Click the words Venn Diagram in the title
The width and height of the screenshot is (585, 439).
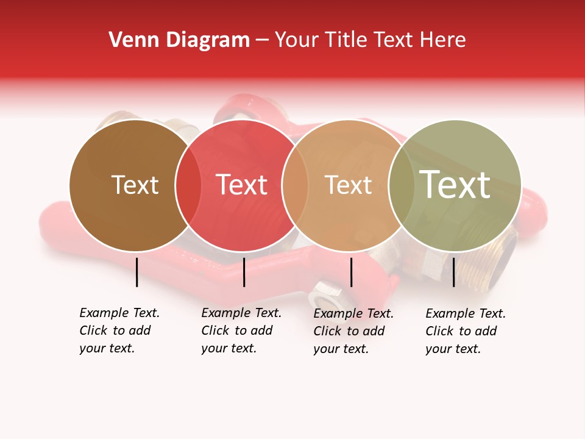[x=179, y=40]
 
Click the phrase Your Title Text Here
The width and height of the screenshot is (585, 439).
[x=370, y=40]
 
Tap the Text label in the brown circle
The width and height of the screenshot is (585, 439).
[x=135, y=185]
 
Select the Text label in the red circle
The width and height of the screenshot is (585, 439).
[x=242, y=185]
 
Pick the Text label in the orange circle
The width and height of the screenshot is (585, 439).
[x=348, y=185]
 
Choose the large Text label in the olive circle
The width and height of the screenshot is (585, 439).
[x=455, y=185]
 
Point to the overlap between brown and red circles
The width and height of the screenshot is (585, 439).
[x=188, y=185]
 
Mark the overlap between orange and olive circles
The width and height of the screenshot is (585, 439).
[x=401, y=185]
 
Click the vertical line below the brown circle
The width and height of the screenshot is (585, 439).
[x=137, y=272]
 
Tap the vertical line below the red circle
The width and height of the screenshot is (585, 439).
[x=244, y=272]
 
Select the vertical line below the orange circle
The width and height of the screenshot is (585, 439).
[x=351, y=272]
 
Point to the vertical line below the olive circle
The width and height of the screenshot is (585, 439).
[x=453, y=272]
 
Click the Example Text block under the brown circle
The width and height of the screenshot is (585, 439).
[x=119, y=330]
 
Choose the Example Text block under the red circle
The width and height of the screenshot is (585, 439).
[x=241, y=330]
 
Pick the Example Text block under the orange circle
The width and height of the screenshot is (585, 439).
[x=353, y=331]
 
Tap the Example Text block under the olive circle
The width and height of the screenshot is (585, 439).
[x=465, y=331]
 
